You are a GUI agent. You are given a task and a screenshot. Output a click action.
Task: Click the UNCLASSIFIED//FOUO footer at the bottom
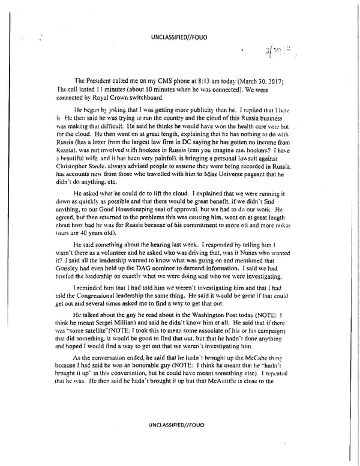coord(179,426)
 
